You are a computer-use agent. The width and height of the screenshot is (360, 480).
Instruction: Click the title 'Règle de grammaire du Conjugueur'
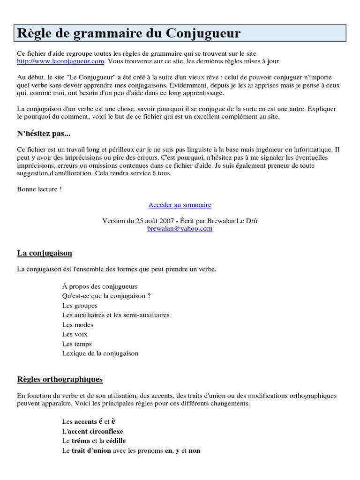pos(129,34)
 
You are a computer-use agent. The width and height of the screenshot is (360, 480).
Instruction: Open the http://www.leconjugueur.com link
pos(60,61)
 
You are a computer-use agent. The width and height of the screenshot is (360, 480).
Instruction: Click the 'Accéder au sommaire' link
pos(180,205)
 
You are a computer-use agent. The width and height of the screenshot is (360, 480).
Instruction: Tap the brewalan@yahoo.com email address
pos(180,229)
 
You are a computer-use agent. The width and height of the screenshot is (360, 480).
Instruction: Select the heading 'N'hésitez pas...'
pos(44,134)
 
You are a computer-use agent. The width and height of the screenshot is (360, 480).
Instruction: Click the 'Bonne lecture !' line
pos(39,189)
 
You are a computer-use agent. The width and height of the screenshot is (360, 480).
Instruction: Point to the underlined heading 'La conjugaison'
pos(45,253)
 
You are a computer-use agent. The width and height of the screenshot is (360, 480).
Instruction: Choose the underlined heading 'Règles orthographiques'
pos(60,379)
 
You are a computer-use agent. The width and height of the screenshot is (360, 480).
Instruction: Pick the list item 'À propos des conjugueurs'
pos(100,286)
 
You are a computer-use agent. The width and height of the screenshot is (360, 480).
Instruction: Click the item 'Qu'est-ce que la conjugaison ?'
pos(106,296)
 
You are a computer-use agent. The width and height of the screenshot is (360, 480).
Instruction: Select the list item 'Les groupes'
pos(80,306)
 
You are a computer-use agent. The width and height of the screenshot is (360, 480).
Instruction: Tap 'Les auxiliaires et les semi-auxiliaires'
pos(116,315)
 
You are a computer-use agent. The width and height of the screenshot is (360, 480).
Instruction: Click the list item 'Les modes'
pos(78,325)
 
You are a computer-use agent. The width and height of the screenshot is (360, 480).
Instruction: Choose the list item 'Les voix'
pos(75,334)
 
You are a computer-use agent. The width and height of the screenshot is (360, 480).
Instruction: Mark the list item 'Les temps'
pos(77,344)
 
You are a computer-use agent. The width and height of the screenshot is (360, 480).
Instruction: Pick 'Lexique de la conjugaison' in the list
pos(100,353)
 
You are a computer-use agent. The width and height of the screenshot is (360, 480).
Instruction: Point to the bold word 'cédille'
pos(116,441)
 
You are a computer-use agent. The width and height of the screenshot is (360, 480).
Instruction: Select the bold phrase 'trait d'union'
pos(91,450)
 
